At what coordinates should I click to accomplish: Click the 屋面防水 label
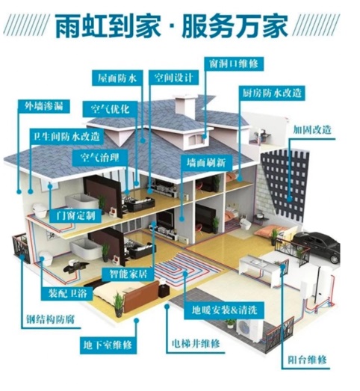point(117,78)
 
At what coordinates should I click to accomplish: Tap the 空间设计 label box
point(173,78)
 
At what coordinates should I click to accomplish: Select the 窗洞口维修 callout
point(234,64)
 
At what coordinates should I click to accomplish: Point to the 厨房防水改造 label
point(272,93)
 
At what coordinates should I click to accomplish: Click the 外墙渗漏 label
point(44,106)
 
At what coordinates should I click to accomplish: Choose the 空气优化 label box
point(110,109)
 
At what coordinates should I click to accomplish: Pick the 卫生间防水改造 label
point(66,136)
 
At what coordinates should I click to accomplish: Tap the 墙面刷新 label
point(207,163)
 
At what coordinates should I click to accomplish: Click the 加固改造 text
point(311,129)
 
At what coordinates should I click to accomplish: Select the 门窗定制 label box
point(75,215)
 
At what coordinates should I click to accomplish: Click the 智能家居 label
point(128,275)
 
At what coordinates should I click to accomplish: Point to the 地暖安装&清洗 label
point(224,310)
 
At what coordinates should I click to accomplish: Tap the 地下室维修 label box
point(108,345)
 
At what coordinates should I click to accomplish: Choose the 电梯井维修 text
point(196,344)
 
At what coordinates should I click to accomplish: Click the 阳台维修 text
point(307,360)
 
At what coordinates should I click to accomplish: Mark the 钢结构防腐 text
point(51,319)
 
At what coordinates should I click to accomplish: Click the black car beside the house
point(316,245)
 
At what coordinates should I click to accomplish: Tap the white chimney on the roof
point(185,107)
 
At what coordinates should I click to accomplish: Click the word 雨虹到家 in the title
point(108,25)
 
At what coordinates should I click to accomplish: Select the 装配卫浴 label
point(67,294)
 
